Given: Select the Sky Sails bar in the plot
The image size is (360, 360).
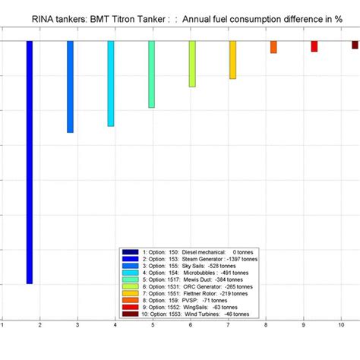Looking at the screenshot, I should [70, 87].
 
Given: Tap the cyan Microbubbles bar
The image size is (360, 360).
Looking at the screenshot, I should [111, 84].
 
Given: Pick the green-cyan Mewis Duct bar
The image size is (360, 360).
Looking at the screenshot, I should [151, 74].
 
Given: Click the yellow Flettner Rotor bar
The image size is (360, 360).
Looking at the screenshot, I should [233, 59].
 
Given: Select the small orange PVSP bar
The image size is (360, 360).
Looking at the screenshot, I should [273, 47].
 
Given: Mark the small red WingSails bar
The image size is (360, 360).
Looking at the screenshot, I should [314, 46].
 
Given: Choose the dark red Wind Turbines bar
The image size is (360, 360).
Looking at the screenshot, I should [355, 45].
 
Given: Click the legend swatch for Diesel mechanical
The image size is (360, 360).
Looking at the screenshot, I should [129, 251].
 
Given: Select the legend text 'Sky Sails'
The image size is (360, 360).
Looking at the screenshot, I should [195, 265].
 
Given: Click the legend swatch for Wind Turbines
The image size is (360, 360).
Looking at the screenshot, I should [129, 314].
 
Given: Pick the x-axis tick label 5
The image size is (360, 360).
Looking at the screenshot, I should [152, 325].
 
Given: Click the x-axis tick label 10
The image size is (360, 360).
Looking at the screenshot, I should [341, 325].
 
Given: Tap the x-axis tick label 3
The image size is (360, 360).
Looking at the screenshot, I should [77, 325].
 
